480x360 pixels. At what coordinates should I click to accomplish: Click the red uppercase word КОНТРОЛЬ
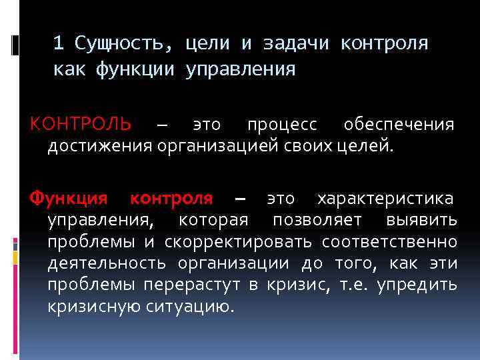[x=81, y=124]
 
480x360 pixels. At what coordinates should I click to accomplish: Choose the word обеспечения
[x=399, y=125]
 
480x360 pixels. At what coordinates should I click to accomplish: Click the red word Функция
[x=67, y=199]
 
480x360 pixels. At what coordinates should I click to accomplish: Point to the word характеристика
[x=386, y=199]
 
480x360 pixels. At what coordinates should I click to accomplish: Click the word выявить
[x=422, y=220]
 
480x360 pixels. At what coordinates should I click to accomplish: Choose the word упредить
[x=417, y=285]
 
